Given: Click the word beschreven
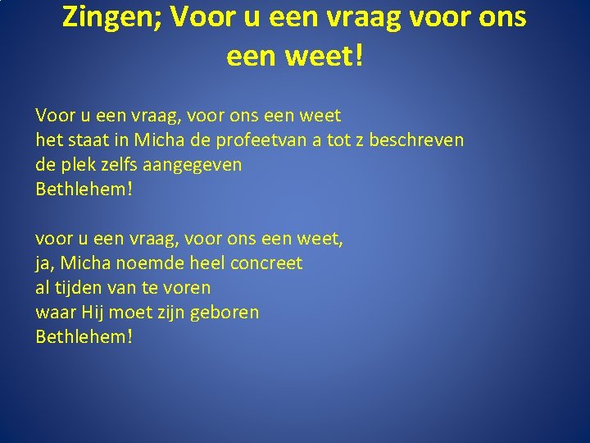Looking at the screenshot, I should (416, 139).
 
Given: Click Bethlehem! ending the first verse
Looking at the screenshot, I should (84, 189).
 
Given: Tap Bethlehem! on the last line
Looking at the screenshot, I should (84, 336).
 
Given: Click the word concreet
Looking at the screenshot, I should (266, 263).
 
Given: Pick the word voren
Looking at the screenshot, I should (188, 288).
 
